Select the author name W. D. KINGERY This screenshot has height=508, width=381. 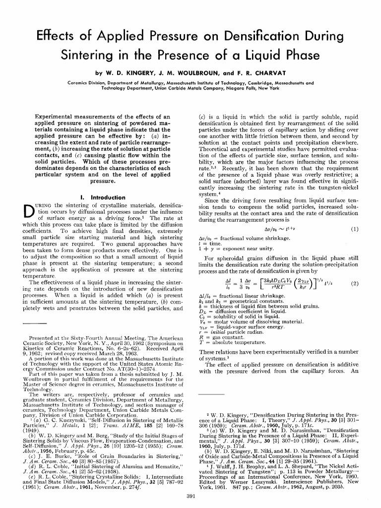tap(129, 72)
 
